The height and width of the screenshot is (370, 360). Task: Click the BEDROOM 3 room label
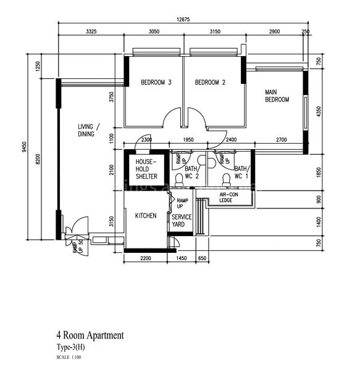(x=156, y=83)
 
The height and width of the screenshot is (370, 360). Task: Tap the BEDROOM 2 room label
(x=210, y=83)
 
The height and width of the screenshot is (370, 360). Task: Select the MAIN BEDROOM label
(x=277, y=95)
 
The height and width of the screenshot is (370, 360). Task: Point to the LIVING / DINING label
(x=90, y=130)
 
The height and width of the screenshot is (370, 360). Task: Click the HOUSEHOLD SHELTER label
(x=146, y=169)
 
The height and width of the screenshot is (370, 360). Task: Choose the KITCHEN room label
(x=146, y=216)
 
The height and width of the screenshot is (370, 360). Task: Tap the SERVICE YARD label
(x=182, y=221)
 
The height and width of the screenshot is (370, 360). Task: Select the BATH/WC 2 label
(x=191, y=172)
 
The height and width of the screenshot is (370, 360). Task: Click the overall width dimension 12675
(x=183, y=20)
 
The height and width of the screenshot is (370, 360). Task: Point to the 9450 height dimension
(x=24, y=146)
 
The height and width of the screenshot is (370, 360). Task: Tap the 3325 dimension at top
(x=91, y=31)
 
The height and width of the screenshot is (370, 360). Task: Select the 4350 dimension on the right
(x=319, y=112)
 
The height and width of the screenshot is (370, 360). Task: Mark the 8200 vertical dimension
(x=38, y=158)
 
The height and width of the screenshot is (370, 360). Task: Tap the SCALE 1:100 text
(x=70, y=358)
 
